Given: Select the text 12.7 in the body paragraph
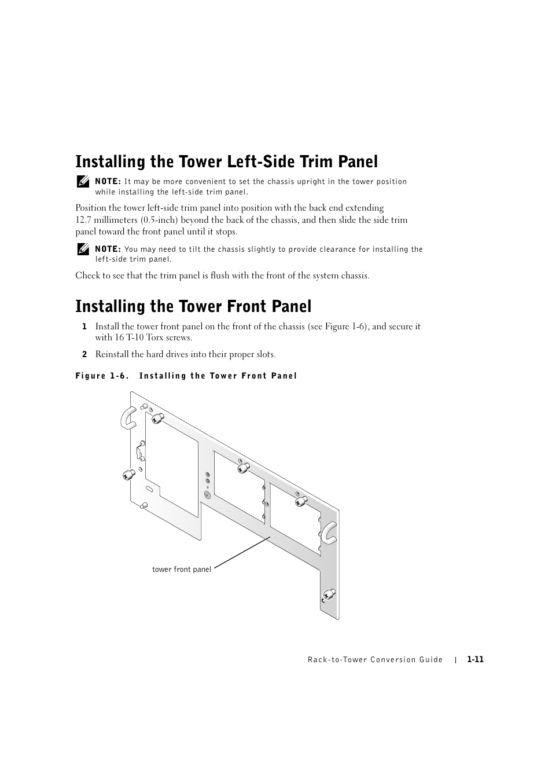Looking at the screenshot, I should (x=84, y=220).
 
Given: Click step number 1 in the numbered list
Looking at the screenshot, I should (x=84, y=326).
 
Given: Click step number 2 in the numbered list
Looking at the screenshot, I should (x=84, y=354).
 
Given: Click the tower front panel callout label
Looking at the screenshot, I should (x=182, y=570).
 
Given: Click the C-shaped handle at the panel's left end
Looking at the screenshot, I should (x=127, y=416).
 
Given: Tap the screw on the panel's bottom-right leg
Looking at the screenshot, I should (x=329, y=594).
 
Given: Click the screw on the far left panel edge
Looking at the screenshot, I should (x=129, y=475).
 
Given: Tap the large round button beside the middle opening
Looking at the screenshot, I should (x=208, y=495).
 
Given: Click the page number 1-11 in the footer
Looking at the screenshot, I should (x=475, y=660).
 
